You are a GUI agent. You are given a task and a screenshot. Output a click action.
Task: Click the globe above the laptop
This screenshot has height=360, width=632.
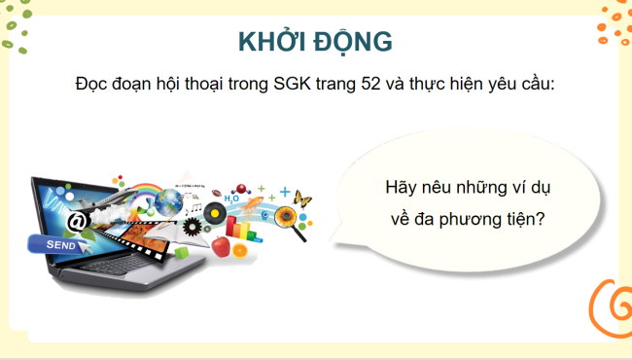(169, 201)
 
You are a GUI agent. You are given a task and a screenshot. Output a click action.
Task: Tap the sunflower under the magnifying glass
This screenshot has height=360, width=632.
(286, 213)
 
